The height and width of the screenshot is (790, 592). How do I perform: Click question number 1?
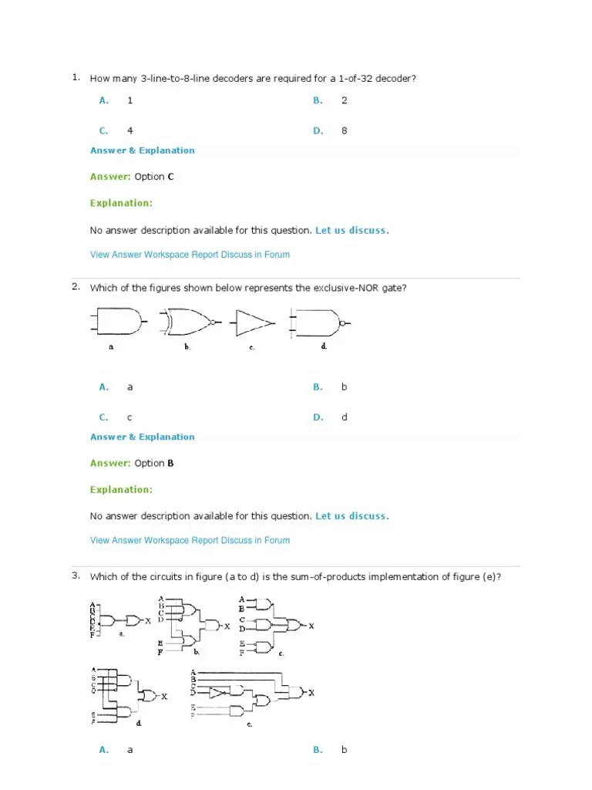click(x=76, y=77)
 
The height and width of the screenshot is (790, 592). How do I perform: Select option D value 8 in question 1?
click(x=345, y=131)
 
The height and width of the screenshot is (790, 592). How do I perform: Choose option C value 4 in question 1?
click(x=130, y=131)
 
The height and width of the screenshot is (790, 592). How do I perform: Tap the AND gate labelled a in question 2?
click(x=119, y=322)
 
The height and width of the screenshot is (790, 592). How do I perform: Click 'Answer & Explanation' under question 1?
click(x=142, y=150)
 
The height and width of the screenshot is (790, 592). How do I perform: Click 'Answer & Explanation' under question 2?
click(x=142, y=437)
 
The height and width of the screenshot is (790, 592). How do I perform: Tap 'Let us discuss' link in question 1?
click(x=351, y=230)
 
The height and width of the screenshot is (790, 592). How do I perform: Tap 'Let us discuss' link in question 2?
click(x=351, y=516)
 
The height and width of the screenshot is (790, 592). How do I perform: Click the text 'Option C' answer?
click(x=154, y=177)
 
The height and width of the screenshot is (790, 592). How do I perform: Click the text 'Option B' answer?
click(x=154, y=463)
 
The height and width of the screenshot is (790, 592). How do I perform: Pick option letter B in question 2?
click(x=318, y=387)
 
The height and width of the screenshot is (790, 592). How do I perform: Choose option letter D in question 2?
click(x=318, y=417)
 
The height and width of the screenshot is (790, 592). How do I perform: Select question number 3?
click(x=76, y=576)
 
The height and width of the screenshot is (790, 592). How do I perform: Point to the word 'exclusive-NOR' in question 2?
click(x=344, y=288)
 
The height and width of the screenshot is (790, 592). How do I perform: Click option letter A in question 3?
click(x=103, y=750)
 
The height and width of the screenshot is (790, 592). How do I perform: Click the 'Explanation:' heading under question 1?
click(x=121, y=203)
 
